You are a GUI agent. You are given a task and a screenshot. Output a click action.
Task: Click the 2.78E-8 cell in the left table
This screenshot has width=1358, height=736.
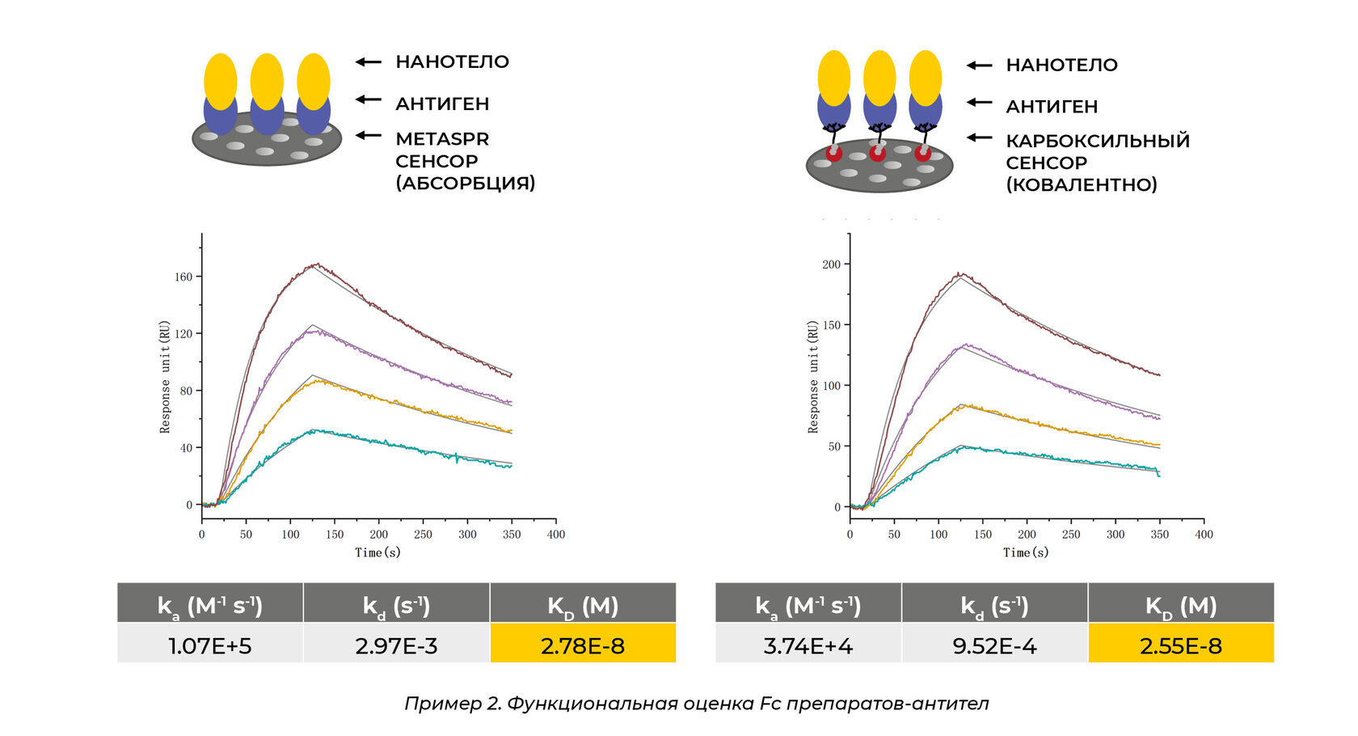click(x=582, y=645)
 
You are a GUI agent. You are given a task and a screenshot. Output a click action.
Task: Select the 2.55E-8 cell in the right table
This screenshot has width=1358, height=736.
click(x=1180, y=645)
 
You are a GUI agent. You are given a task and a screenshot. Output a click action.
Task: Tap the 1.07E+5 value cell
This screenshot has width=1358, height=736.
click(x=210, y=645)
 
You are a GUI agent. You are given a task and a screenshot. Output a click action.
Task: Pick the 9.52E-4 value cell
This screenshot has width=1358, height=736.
click(x=994, y=645)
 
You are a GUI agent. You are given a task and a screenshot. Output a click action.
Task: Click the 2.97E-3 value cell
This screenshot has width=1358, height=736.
click(x=396, y=645)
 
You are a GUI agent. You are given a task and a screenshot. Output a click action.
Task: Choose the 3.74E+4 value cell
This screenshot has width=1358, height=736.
click(x=808, y=645)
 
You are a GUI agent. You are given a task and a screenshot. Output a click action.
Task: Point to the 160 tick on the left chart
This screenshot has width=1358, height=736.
click(x=183, y=277)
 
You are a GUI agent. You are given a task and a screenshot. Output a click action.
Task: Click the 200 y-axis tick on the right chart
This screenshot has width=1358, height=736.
click(x=831, y=264)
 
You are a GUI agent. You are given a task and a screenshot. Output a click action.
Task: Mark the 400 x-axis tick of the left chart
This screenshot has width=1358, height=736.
click(x=556, y=535)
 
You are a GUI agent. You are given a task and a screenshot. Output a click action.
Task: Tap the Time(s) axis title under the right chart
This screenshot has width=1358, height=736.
click(x=1026, y=552)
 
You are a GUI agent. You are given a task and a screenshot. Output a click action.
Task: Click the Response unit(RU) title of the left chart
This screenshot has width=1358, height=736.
click(x=165, y=376)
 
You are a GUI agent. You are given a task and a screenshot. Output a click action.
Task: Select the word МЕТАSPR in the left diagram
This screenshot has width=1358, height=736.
click(x=442, y=139)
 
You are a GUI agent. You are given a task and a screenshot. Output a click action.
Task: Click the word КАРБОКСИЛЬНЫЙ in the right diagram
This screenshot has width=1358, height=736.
click(x=1098, y=141)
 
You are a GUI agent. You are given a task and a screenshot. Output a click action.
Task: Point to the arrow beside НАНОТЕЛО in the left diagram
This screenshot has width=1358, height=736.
click(x=369, y=61)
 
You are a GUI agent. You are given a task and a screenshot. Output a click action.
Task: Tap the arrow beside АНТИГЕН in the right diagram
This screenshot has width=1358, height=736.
click(x=980, y=103)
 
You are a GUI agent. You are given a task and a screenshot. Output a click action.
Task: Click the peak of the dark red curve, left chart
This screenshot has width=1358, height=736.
click(x=316, y=264)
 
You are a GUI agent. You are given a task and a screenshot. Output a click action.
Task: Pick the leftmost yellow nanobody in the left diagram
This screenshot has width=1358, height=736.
click(x=220, y=81)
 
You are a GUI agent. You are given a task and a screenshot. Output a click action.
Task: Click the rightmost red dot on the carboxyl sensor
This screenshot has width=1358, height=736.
click(x=922, y=153)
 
